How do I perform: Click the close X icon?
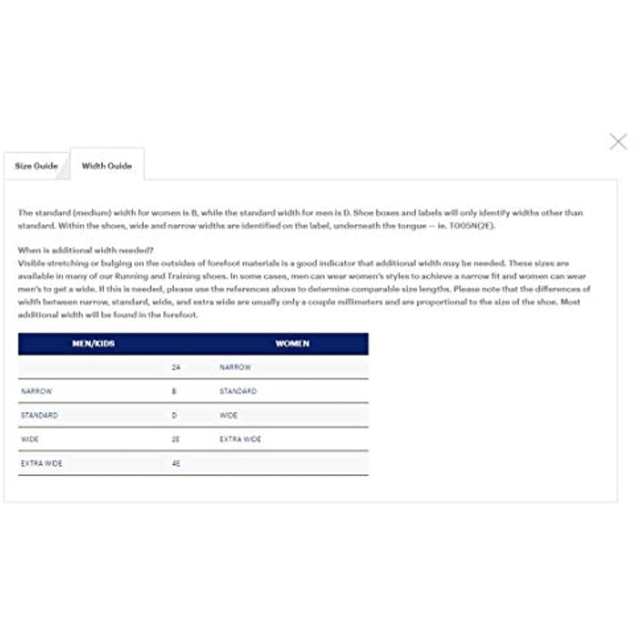pyautogui.click(x=618, y=142)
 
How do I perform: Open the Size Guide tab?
pyautogui.click(x=36, y=166)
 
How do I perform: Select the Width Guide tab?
pyautogui.click(x=107, y=166)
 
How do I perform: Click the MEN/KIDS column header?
pyautogui.click(x=93, y=343)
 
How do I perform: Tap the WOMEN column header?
pyautogui.click(x=292, y=343)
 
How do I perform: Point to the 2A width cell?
pyautogui.click(x=176, y=368)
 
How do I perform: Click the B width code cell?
pyautogui.click(x=174, y=391)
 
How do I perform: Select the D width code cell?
pyautogui.click(x=174, y=416)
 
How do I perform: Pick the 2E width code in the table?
pyautogui.click(x=176, y=439)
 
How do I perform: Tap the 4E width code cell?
pyautogui.click(x=176, y=463)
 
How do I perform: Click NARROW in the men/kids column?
pyautogui.click(x=37, y=391)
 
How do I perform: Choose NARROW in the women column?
pyautogui.click(x=235, y=368)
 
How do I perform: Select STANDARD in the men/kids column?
pyautogui.click(x=39, y=416)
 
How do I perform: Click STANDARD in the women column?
pyautogui.click(x=238, y=391)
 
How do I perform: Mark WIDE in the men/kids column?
pyautogui.click(x=30, y=439)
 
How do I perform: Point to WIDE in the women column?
pyautogui.click(x=229, y=416)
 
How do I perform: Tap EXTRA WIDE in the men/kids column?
pyautogui.click(x=42, y=463)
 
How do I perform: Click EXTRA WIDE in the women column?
pyautogui.click(x=240, y=439)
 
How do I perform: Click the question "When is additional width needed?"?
pyautogui.click(x=86, y=250)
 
